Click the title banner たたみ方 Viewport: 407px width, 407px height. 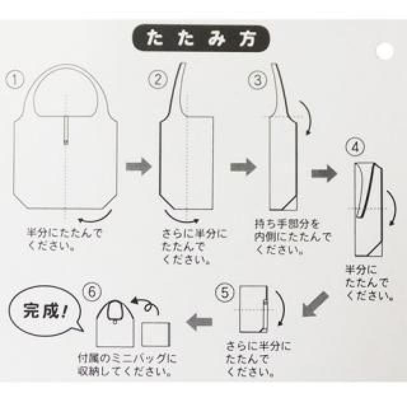201,38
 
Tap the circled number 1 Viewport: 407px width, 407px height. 15,79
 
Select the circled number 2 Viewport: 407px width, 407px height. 158,79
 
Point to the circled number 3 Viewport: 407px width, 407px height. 258,80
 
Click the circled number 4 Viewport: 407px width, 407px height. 355,147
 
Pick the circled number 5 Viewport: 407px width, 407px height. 224,293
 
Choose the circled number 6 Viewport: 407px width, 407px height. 92,292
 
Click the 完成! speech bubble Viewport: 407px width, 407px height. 46,311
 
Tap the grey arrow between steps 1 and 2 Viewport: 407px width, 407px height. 139,167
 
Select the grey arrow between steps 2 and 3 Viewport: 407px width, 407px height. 243,167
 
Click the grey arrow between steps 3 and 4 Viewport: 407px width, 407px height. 324,173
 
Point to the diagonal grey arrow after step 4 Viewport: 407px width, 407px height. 315,304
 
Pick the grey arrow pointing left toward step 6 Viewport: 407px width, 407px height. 199,322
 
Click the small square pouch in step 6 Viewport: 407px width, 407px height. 156,335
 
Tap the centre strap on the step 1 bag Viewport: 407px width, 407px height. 66,130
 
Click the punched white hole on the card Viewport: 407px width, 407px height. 385,51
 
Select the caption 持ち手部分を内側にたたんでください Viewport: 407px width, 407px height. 293,237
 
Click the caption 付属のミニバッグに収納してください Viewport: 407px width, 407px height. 127,366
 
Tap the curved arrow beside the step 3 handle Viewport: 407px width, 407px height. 308,117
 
